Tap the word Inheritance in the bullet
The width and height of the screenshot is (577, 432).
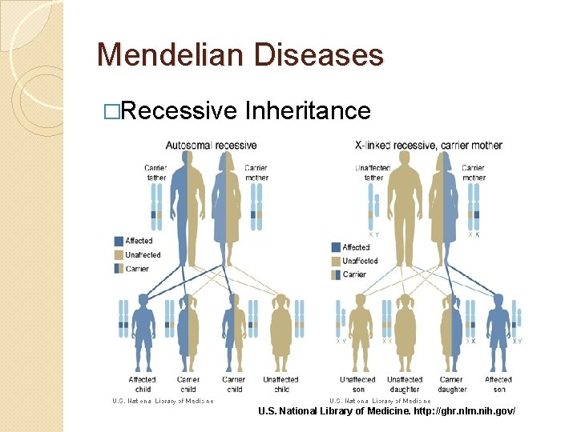pyautogui.click(x=309, y=110)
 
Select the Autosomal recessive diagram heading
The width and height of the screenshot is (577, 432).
pyautogui.click(x=211, y=146)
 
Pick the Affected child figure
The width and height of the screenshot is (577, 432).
pyautogui.click(x=143, y=333)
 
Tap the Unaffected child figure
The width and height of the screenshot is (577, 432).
pyautogui.click(x=281, y=333)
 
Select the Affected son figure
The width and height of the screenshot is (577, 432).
pyautogui.click(x=498, y=333)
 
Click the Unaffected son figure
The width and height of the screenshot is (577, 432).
pyautogui.click(x=358, y=333)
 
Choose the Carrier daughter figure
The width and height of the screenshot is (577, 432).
pyautogui.click(x=451, y=333)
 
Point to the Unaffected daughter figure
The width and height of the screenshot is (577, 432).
pyautogui.click(x=404, y=333)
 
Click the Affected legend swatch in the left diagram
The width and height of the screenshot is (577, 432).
pyautogui.click(x=119, y=241)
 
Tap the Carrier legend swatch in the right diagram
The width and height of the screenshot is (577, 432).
pyautogui.click(x=336, y=274)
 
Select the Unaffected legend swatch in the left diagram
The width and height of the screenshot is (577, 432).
pyautogui.click(x=119, y=254)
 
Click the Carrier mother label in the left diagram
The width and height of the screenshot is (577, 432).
pyautogui.click(x=256, y=173)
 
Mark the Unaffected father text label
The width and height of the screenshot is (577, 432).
pyautogui.click(x=373, y=173)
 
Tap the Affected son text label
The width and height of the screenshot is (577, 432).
pyautogui.click(x=498, y=384)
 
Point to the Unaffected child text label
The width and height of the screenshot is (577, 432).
pyautogui.click(x=281, y=384)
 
